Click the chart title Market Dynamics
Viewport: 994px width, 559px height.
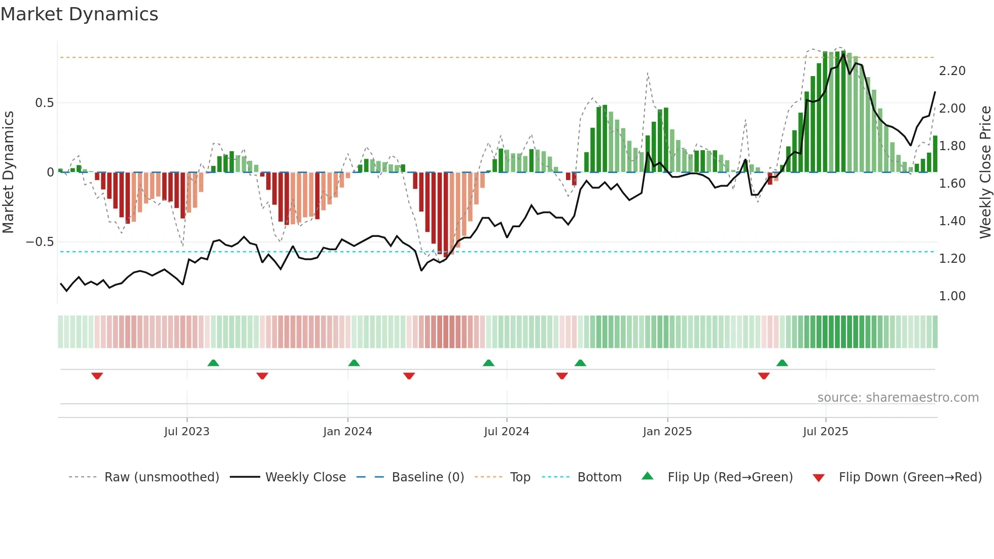[x=79, y=14]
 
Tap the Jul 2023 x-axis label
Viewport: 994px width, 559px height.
[x=187, y=432]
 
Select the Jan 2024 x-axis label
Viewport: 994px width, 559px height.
[x=347, y=432]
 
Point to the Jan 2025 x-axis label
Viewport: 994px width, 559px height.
[x=667, y=432]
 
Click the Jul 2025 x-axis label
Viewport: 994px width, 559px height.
[x=825, y=432]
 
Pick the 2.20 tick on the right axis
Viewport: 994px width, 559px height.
[x=952, y=71]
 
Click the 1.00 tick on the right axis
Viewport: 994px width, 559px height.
[x=952, y=296]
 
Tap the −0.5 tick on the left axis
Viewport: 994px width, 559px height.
[x=40, y=242]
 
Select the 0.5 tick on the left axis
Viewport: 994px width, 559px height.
[x=44, y=103]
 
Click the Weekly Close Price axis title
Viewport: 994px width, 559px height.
[x=985, y=172]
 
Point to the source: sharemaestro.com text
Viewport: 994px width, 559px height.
[x=898, y=398]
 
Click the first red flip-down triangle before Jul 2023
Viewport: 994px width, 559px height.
[x=97, y=376]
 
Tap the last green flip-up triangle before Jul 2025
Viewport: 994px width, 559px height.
[x=782, y=363]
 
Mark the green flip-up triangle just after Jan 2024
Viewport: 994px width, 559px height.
[x=354, y=363]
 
